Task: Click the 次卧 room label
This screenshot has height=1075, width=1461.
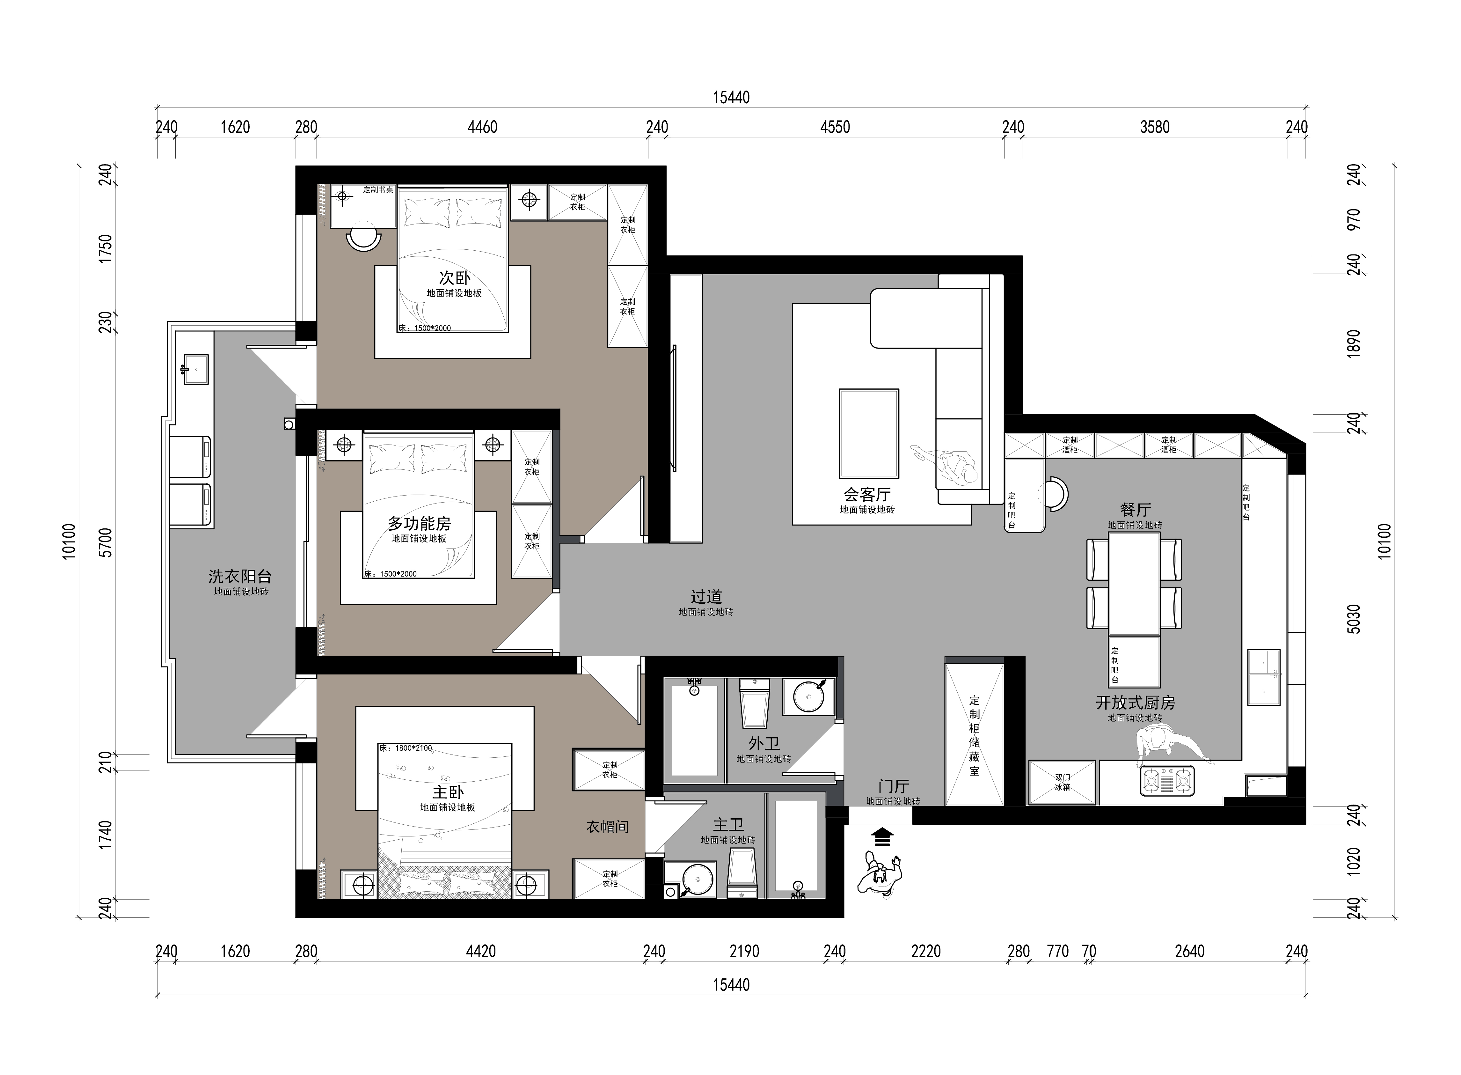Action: coord(454,278)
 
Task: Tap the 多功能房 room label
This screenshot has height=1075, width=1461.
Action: coord(420,523)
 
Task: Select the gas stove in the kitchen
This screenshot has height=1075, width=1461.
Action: coord(1168,780)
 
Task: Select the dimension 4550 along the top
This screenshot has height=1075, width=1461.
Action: coord(835,127)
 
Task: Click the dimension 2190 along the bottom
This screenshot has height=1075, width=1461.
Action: coord(744,951)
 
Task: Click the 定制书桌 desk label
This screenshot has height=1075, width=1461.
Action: coord(378,190)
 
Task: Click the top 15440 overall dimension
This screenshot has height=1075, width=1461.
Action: coord(731,98)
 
